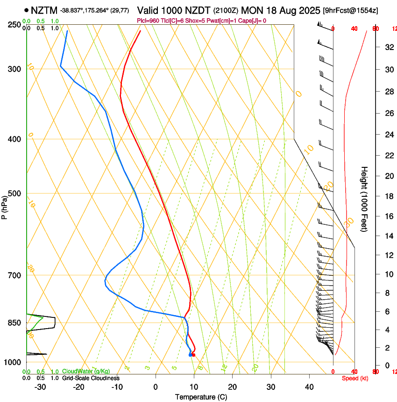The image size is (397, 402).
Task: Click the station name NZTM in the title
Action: [44, 10]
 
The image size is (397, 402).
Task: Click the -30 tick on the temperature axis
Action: [40, 387]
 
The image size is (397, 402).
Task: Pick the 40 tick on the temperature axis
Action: [309, 387]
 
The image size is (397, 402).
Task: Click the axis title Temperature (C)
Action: [201, 397]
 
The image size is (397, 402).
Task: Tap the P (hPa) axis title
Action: [4, 206]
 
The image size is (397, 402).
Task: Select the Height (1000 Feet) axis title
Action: [364, 199]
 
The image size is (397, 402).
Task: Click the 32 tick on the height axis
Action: [388, 47]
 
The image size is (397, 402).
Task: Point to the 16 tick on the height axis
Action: [388, 216]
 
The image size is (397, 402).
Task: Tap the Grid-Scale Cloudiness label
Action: [91, 378]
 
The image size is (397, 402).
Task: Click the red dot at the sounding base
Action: [193, 355]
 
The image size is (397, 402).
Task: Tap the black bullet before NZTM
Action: [26, 10]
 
